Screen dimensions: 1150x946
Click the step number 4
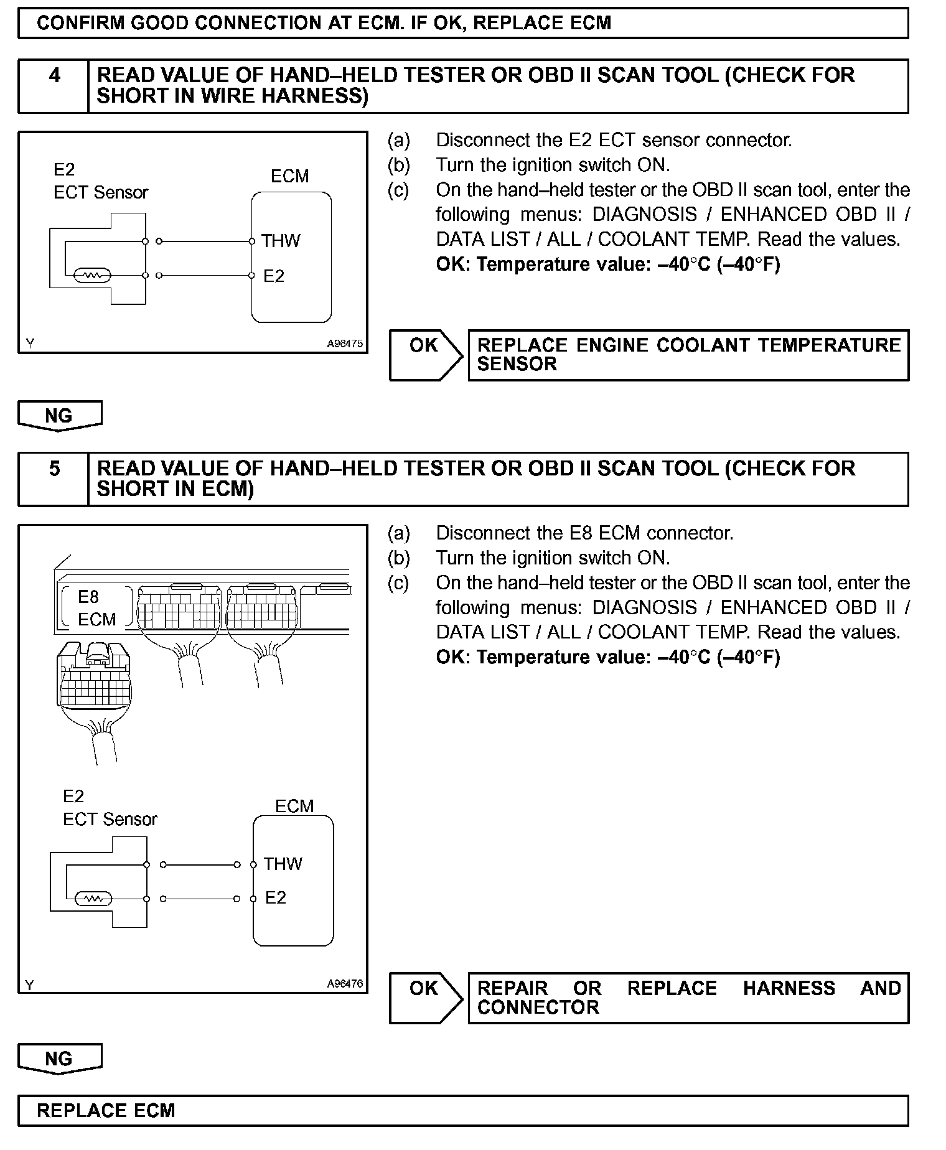coord(55,76)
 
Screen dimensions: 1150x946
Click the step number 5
coord(55,469)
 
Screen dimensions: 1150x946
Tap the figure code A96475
coord(345,344)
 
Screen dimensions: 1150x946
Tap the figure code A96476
coord(345,984)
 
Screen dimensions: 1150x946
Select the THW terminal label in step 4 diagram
coord(281,241)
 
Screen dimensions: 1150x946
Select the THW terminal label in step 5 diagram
coord(283,864)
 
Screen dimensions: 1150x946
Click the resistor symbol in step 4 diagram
coord(92,276)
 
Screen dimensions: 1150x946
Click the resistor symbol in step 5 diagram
coord(93,899)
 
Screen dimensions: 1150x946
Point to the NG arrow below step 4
coord(60,416)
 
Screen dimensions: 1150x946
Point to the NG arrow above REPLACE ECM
coord(60,1059)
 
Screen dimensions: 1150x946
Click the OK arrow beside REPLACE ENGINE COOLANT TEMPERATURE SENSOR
coord(426,355)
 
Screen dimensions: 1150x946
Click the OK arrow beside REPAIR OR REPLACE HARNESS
coord(426,998)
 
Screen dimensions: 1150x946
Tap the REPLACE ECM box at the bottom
coord(463,1111)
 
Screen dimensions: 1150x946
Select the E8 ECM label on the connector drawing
coord(96,608)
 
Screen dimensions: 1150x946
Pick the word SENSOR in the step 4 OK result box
coord(517,364)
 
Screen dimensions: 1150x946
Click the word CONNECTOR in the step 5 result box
coord(538,1007)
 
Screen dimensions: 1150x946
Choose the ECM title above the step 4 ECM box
coord(289,176)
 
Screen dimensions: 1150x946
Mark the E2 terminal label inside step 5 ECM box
coord(276,897)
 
